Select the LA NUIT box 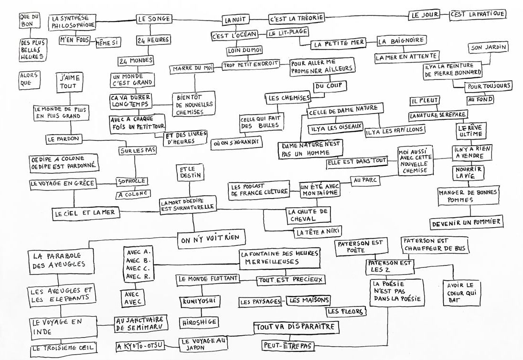coord(234,20)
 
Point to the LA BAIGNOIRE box coord(401,41)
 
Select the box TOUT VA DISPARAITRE coord(296,328)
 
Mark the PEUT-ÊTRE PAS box coord(286,344)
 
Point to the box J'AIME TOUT coord(69,82)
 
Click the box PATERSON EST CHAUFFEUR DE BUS coord(435,244)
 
